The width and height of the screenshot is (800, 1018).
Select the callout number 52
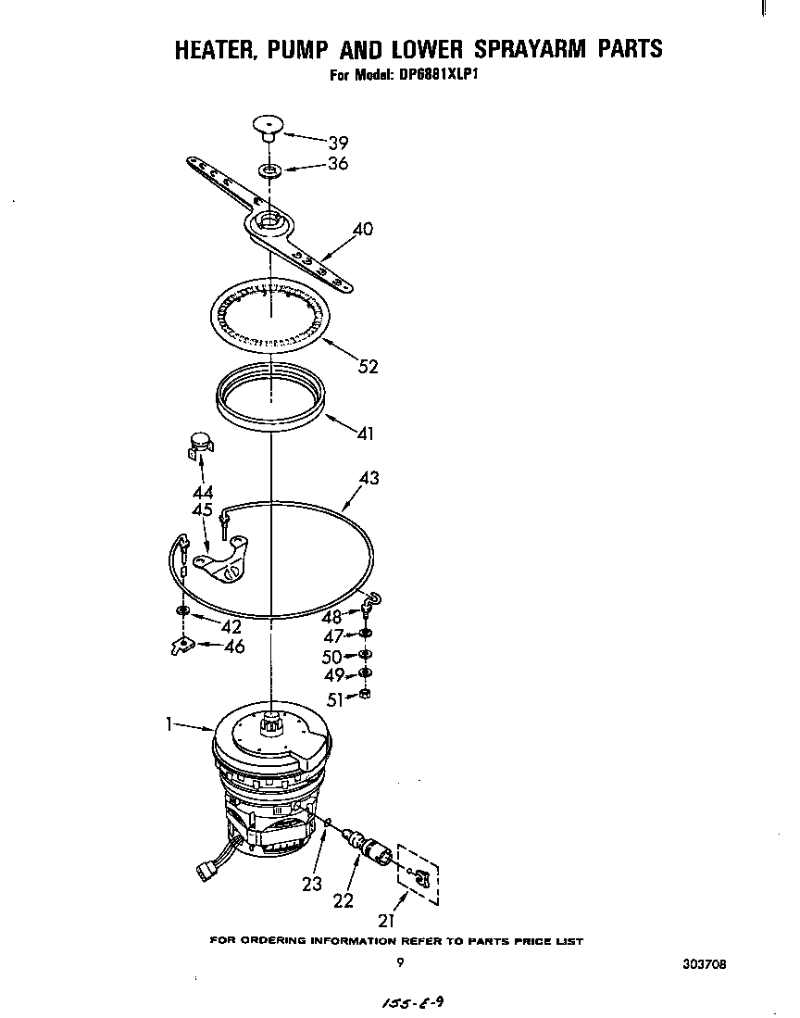click(368, 367)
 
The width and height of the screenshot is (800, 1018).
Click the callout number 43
click(369, 479)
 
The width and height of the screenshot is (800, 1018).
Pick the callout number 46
click(234, 647)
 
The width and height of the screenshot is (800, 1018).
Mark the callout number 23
click(312, 884)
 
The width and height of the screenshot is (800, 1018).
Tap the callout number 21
click(386, 920)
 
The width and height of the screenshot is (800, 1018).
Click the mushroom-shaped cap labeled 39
click(267, 124)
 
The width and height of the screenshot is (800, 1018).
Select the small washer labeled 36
click(269, 171)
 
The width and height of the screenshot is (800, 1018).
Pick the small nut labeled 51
click(365, 695)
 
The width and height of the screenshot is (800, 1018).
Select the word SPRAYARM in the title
click(502, 49)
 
